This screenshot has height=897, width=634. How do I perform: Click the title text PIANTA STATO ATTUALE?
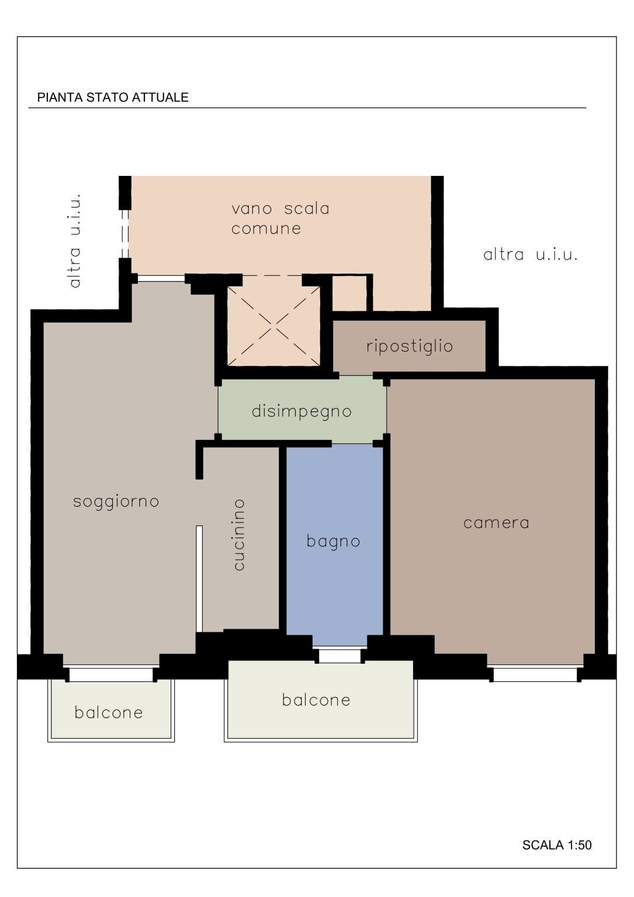coord(113,98)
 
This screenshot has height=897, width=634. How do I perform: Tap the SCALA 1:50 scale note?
coord(556,845)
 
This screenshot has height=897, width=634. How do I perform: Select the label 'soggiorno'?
coord(116,501)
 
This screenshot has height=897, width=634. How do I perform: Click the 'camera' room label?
coord(496,522)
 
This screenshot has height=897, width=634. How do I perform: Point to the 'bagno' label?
coord(334,541)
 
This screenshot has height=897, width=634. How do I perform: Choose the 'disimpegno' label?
coord(302,411)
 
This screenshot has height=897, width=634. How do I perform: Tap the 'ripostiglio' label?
coord(410,346)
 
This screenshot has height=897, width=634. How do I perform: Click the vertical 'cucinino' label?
coord(239,534)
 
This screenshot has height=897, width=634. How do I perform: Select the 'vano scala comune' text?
coord(280,218)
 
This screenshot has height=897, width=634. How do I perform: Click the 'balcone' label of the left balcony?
coord(109,712)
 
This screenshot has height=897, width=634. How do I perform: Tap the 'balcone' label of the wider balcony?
coord(316,699)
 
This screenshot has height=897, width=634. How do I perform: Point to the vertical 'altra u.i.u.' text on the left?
coord(75,240)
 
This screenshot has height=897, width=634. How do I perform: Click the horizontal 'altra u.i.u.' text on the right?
coord(531,255)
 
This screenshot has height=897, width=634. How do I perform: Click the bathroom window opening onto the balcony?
coord(339,655)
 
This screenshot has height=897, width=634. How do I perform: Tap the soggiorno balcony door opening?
coord(111,674)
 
